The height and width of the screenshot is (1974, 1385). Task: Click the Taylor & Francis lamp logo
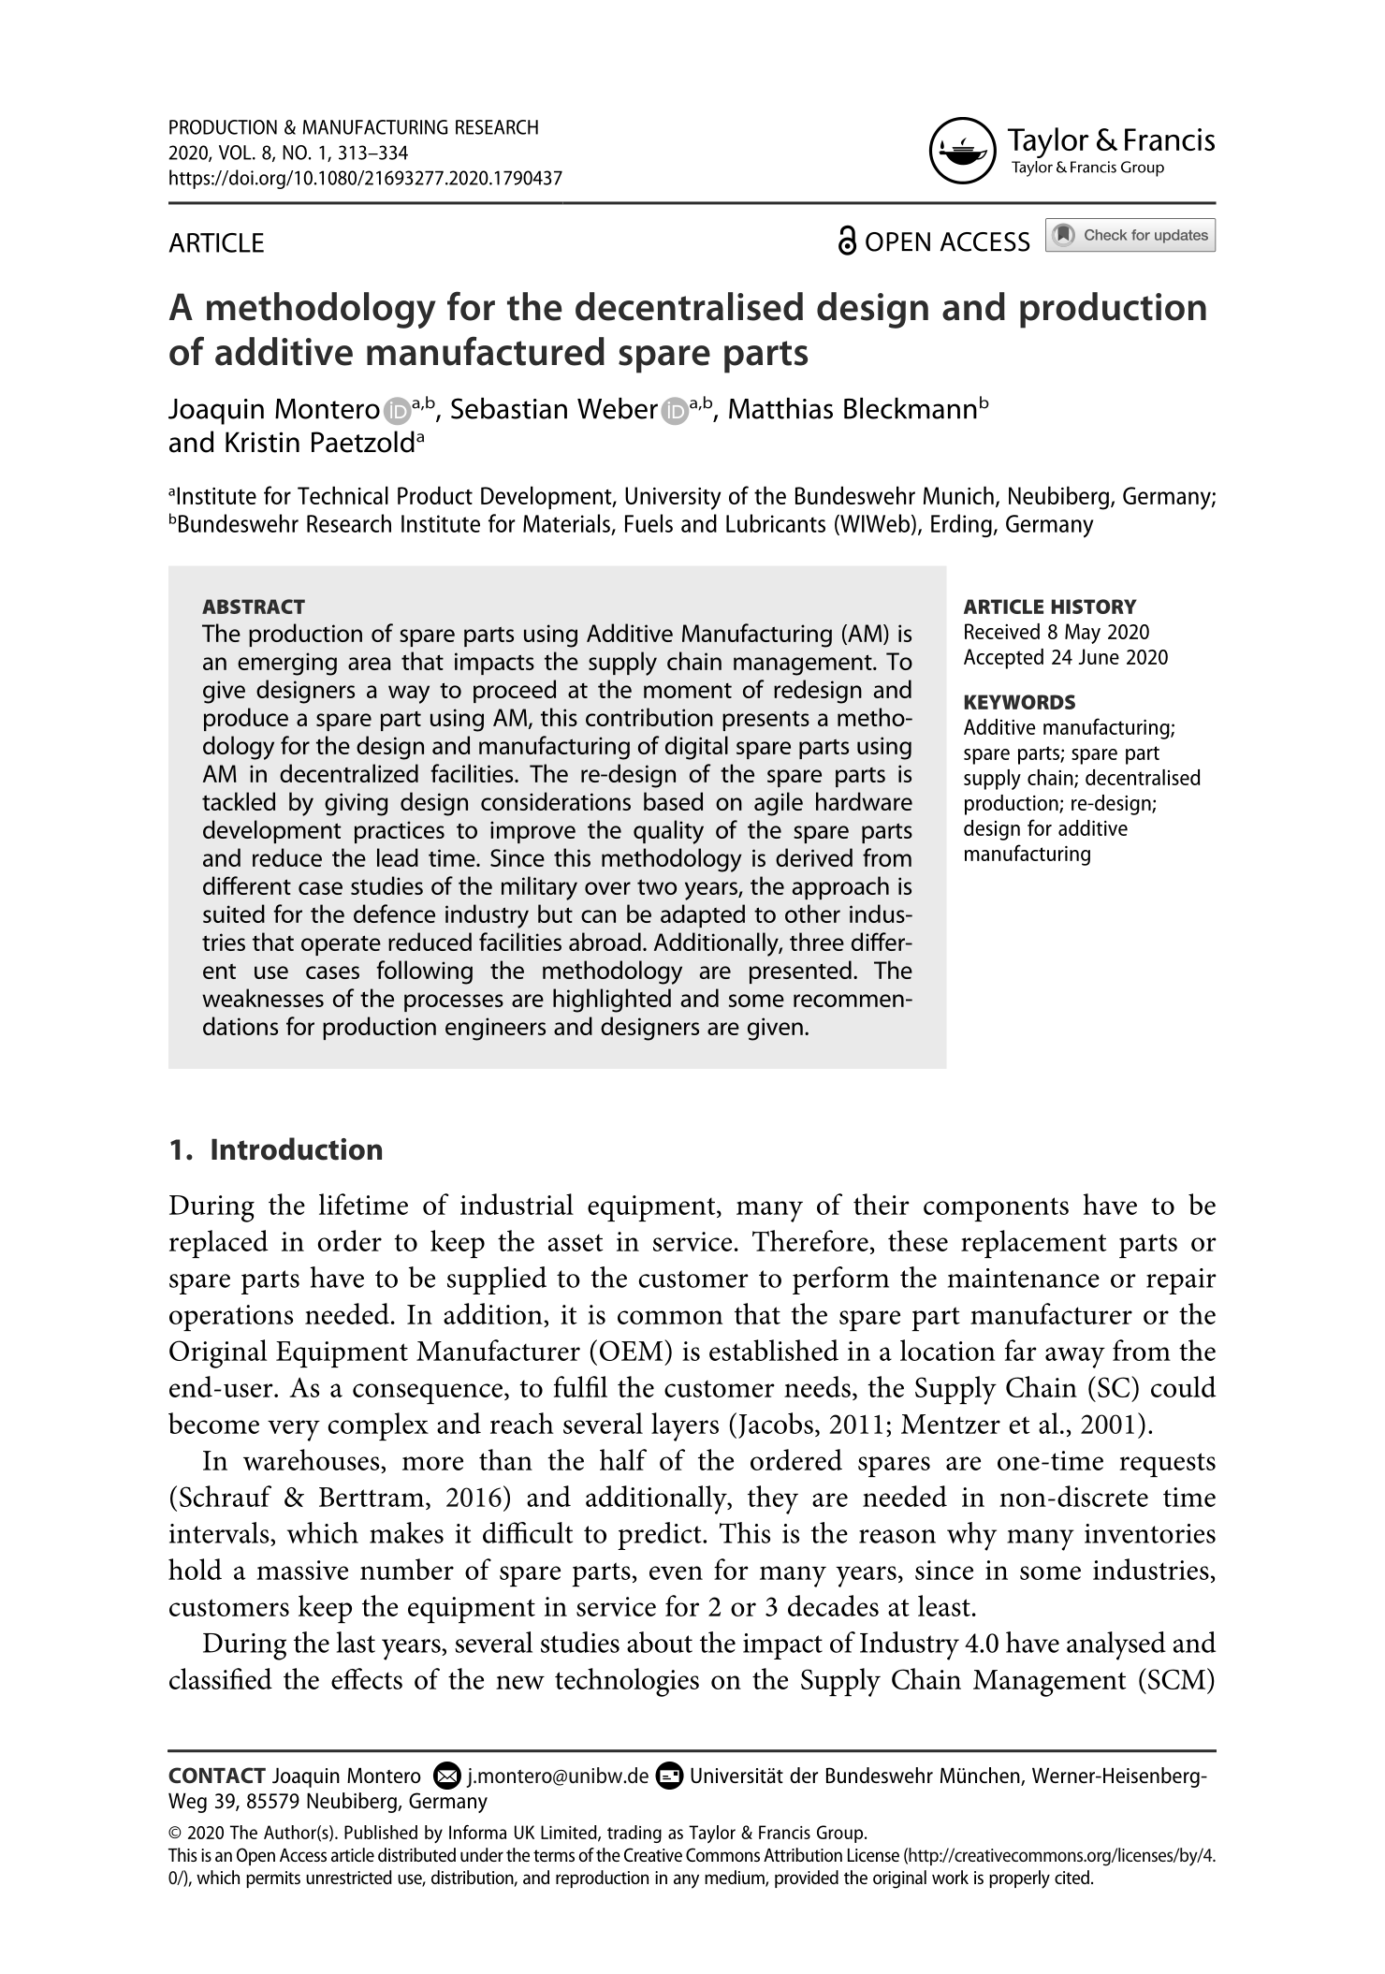[x=963, y=151]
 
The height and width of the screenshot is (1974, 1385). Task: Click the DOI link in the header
[x=365, y=178]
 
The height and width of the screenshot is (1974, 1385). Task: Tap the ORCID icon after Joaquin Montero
[x=397, y=411]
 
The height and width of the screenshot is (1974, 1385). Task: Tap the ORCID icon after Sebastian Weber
[x=674, y=411]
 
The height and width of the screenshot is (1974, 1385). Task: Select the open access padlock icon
[x=846, y=241]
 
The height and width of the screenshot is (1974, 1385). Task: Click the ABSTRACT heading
[x=254, y=607]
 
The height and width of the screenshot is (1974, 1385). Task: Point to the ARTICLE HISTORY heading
[x=1050, y=607]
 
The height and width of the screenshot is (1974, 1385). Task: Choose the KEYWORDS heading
[x=1020, y=702]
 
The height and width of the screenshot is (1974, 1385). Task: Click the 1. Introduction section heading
[x=276, y=1149]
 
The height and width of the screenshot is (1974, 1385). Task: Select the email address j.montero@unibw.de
[x=558, y=1776]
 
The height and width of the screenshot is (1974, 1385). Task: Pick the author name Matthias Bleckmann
[x=852, y=410]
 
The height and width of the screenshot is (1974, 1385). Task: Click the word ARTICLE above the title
[x=216, y=243]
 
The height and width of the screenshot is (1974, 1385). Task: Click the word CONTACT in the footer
[x=217, y=1776]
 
